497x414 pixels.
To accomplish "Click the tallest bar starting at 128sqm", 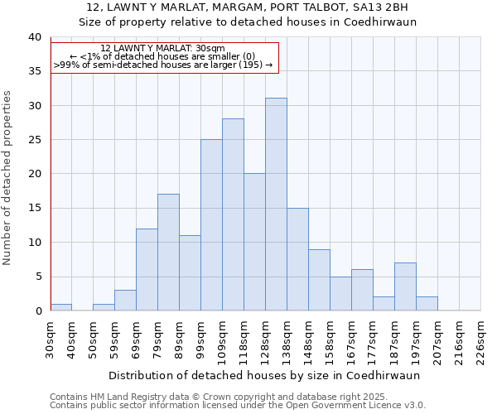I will pos(276,205).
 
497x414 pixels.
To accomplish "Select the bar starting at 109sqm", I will pos(233,214).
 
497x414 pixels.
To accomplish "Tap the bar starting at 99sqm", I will pos(211,225).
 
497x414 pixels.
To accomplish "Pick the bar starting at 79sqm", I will pos(168,253).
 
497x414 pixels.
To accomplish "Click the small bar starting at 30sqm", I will pos(60,307).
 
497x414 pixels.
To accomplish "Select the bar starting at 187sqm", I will pos(405,286).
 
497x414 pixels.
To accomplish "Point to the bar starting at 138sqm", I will pos(297,259).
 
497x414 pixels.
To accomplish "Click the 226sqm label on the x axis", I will pos(480,339).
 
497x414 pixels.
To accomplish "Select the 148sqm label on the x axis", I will pos(308,339).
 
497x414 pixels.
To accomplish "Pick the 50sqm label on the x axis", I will pos(93,339).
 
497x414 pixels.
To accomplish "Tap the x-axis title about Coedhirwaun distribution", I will pos(263,375).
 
